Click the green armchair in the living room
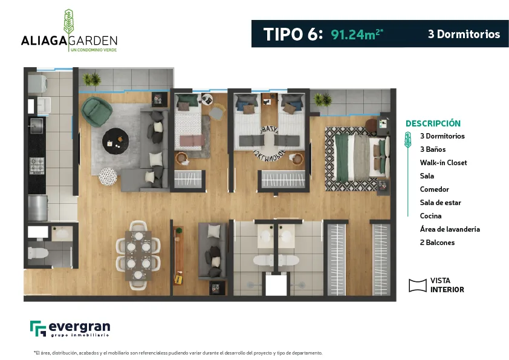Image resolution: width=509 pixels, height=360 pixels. pos(97,111)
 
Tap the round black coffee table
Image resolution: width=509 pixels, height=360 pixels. pos(115,141)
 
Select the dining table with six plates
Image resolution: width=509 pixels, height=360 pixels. pos(138,255)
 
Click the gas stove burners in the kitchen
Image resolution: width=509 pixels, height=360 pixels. pos(37,165)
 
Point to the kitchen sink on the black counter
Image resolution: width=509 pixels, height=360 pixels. pos(36,125)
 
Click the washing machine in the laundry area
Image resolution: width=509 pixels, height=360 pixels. pos(37,84)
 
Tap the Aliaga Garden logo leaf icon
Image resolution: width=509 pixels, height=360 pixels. pos(68,22)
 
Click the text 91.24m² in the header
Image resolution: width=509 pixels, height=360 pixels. pos(357,34)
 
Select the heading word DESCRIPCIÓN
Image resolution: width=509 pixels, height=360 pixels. pos(433,123)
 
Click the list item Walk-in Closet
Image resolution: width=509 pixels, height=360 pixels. pos(444,163)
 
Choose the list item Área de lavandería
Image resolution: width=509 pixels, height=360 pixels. pos(450,229)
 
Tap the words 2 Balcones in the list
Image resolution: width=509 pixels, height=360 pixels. pos(437,243)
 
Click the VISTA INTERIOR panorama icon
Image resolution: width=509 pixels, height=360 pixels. pos(418,285)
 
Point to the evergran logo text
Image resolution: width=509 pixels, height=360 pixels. pos(80,327)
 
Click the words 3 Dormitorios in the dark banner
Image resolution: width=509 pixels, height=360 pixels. pos(464,34)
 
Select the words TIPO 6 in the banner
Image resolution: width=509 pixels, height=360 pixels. pos(293,34)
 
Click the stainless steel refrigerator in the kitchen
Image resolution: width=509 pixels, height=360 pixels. pos(37,208)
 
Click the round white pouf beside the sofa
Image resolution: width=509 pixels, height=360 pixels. pos(108,177)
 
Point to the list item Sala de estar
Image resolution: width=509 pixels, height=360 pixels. pos(441,203)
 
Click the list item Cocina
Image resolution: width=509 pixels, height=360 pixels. pos(431,216)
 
